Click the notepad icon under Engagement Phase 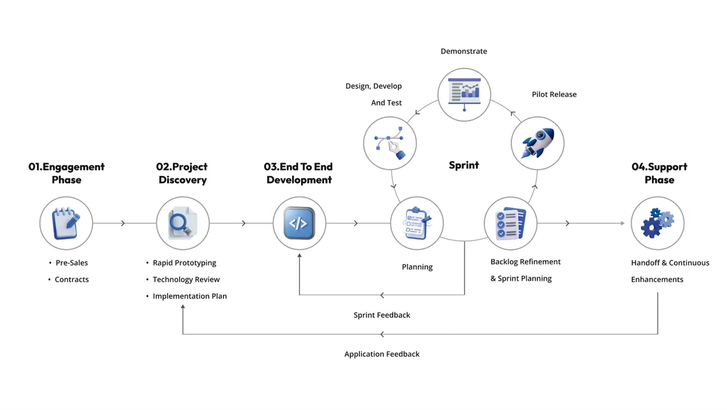click(66, 223)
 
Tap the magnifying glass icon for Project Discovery click(182, 223)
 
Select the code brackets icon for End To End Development click(299, 223)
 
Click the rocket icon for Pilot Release click(537, 144)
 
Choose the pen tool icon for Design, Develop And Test click(390, 144)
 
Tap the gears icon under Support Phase click(657, 223)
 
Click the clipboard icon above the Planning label click(417, 223)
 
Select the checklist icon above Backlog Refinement click(511, 223)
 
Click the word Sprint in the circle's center click(463, 165)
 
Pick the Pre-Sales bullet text click(71, 263)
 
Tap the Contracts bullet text click(71, 280)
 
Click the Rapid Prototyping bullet click(184, 263)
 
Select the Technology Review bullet click(186, 280)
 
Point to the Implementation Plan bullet click(190, 296)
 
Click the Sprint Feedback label click(382, 315)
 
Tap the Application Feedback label click(382, 354)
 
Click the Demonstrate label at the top click(463, 52)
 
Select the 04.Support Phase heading click(659, 173)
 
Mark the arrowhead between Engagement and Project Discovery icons click(123, 223)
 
